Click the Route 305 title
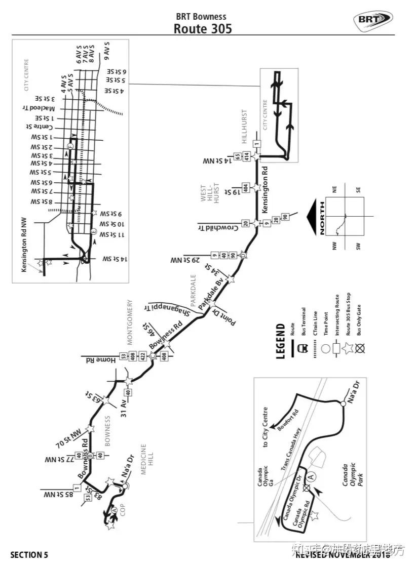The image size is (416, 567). pos(203,28)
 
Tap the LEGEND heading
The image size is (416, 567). pos(282,342)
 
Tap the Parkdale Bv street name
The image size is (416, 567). pos(212,295)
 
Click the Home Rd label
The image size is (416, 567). pos(101,360)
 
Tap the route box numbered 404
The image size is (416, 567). pos(246,188)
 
